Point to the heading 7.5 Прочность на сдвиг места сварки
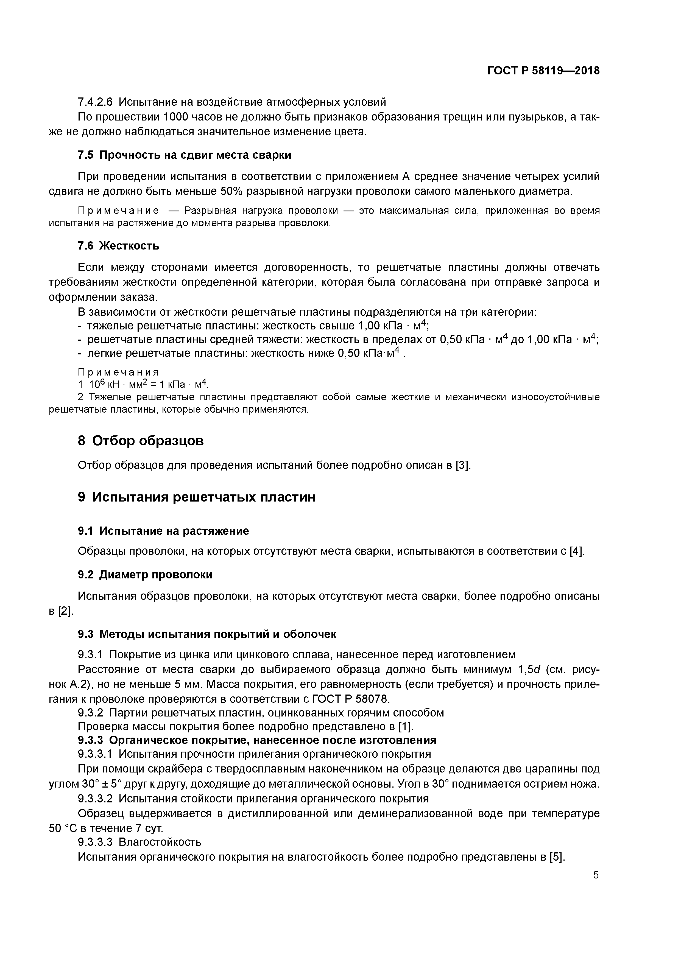click(x=184, y=155)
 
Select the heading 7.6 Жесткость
click(x=119, y=246)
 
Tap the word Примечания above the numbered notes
click(x=119, y=372)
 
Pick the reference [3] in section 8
click(x=463, y=466)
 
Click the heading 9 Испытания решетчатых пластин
click(x=196, y=497)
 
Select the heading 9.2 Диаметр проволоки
click(x=145, y=575)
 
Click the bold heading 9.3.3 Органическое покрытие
click(x=257, y=740)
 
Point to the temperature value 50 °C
click(x=63, y=828)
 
